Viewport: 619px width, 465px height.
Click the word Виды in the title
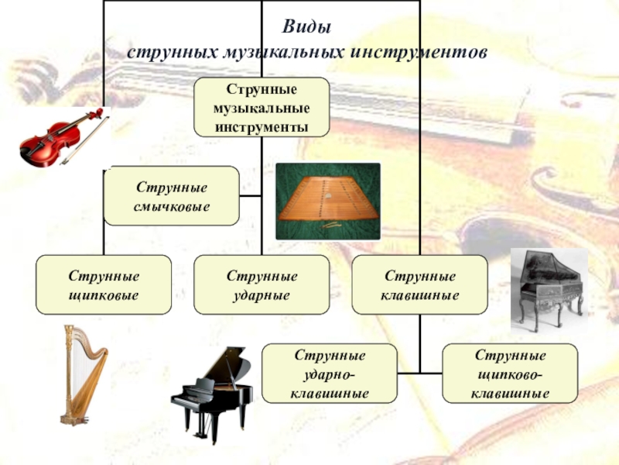tap(306, 28)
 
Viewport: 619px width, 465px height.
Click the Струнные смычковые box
tap(172, 196)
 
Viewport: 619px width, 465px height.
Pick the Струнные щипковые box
tap(104, 285)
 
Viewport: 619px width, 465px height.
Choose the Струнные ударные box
tap(262, 285)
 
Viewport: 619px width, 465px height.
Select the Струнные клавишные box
tap(420, 285)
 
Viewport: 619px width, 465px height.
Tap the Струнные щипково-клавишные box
tap(510, 374)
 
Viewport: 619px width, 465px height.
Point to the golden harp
tap(82, 372)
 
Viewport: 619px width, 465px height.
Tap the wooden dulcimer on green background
tap(327, 200)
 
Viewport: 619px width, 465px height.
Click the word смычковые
tap(172, 207)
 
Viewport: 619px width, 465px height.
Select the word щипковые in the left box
tap(104, 296)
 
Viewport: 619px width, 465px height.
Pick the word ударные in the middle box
tap(262, 296)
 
